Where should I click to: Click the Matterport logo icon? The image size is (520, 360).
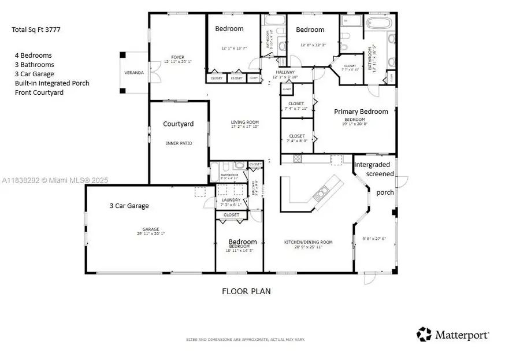coord(424,334)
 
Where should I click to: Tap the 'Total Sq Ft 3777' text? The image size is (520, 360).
coord(35,29)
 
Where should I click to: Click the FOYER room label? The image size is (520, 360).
coord(177,58)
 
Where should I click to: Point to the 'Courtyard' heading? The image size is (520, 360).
coord(178,124)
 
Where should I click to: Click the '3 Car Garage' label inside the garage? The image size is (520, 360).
coord(129,205)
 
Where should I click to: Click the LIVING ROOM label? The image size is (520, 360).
coord(245,122)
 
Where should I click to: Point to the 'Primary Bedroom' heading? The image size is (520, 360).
coord(359,113)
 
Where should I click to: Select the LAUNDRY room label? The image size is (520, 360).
coord(231,201)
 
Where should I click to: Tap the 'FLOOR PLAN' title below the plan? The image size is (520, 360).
coord(246,291)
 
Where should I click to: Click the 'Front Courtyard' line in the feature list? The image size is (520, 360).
coord(39,92)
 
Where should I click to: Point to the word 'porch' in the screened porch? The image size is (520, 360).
coord(385,192)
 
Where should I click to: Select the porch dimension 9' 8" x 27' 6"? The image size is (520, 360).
coord(374,239)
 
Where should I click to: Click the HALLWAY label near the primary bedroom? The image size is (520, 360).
coord(285,72)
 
